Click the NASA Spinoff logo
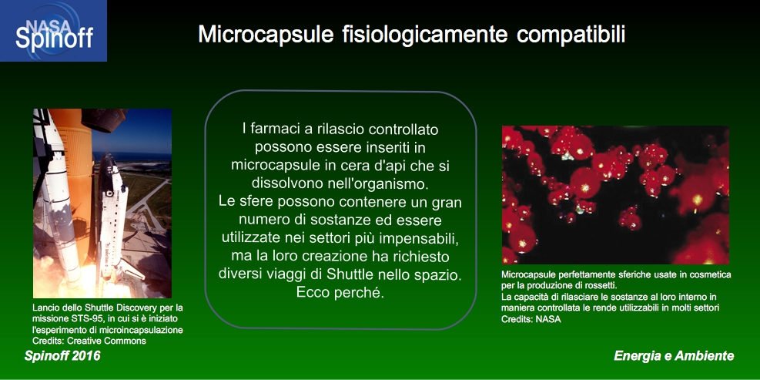pyautogui.click(x=53, y=31)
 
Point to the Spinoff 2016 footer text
pyautogui.click(x=62, y=356)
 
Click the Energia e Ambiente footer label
pyautogui.click(x=674, y=356)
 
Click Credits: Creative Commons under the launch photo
pyautogui.click(x=89, y=340)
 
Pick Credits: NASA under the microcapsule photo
pyautogui.click(x=531, y=319)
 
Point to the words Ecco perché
pyautogui.click(x=340, y=293)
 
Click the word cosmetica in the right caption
pyautogui.click(x=713, y=274)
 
